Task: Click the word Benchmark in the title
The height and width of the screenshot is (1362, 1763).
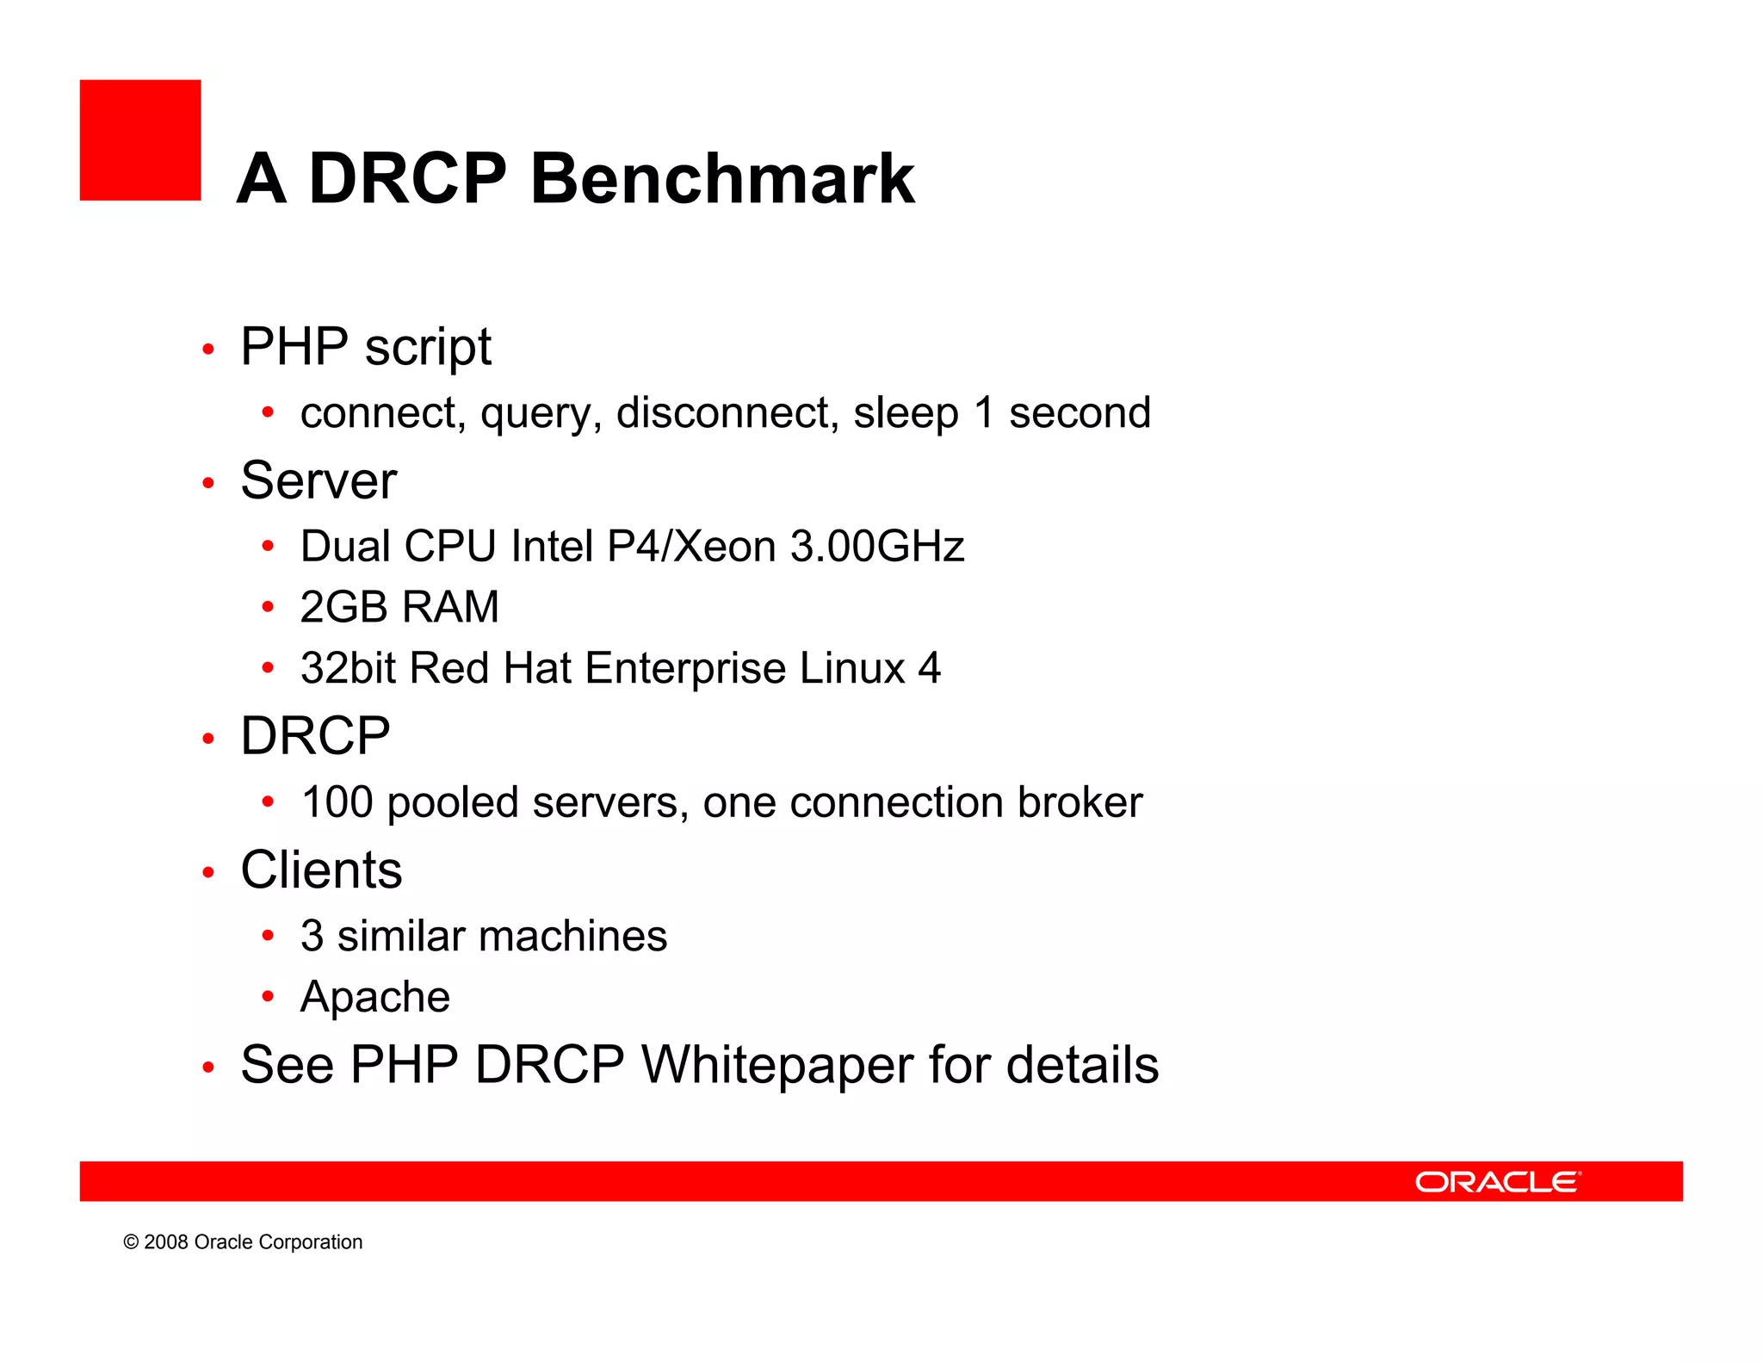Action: (x=722, y=178)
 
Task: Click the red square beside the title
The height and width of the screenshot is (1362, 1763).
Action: (x=140, y=140)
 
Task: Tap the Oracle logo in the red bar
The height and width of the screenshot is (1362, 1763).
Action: (x=1497, y=1181)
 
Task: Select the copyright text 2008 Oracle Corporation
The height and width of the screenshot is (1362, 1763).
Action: (x=244, y=1241)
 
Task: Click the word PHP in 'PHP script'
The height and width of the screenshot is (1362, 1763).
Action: (x=294, y=346)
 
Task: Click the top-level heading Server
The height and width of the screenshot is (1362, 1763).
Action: (x=319, y=480)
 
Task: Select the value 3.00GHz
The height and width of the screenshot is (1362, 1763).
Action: (x=876, y=546)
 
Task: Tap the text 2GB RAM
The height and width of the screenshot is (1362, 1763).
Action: (x=399, y=606)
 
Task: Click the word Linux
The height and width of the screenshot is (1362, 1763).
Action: (x=852, y=668)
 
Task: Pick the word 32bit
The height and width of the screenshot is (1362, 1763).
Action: (x=349, y=668)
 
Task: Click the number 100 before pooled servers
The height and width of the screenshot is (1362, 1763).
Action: (x=337, y=802)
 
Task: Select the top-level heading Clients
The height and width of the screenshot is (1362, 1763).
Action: (x=321, y=870)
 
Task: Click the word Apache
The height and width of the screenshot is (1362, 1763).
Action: (x=375, y=997)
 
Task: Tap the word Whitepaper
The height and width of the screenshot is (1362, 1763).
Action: (x=777, y=1065)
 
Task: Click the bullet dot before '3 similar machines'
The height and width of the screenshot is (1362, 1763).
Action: (x=268, y=935)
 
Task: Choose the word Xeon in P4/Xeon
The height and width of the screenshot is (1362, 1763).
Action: (x=724, y=546)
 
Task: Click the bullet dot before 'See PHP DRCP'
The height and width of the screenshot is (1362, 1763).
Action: (x=207, y=1068)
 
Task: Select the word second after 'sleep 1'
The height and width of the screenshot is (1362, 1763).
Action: (x=1079, y=412)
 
